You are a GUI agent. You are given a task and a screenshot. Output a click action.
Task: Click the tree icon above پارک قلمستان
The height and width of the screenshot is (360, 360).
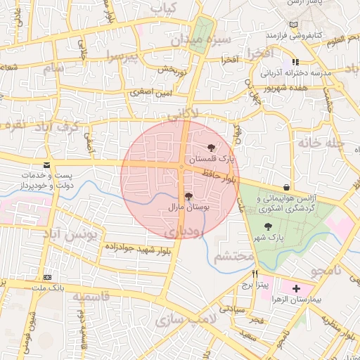tap(212, 148)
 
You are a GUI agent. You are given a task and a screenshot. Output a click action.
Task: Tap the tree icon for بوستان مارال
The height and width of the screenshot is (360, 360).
tap(188, 197)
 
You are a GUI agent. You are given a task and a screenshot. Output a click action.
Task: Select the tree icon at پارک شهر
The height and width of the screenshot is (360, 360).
tap(267, 226)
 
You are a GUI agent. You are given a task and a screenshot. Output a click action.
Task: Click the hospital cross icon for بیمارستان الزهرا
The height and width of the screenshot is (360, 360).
tap(296, 288)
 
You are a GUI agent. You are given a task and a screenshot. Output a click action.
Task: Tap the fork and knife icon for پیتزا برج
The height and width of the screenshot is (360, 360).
tap(255, 274)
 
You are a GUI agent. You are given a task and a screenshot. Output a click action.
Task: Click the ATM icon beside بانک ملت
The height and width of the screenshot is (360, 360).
tap(47, 277)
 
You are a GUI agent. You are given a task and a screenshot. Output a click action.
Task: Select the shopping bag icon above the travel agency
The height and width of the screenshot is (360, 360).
tap(286, 187)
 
